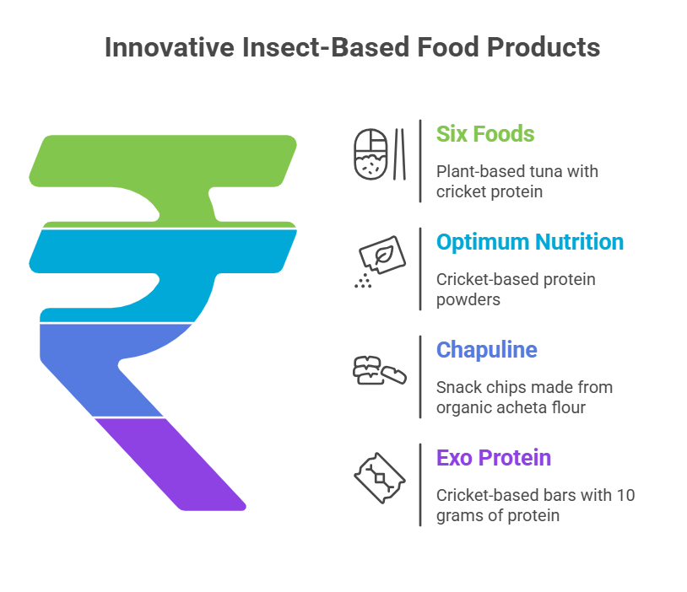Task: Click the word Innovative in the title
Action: point(170,47)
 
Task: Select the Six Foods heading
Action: point(485,134)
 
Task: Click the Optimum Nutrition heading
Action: point(530,242)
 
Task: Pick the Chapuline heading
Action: point(486,350)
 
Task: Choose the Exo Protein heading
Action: point(494,458)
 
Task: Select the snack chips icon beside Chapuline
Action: point(380,370)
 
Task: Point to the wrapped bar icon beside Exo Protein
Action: point(380,478)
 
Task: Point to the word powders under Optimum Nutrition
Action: point(468,300)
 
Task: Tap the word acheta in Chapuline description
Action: point(511,407)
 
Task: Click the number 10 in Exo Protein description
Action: point(625,495)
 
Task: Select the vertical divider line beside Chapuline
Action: point(420,377)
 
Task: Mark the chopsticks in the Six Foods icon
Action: point(399,154)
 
